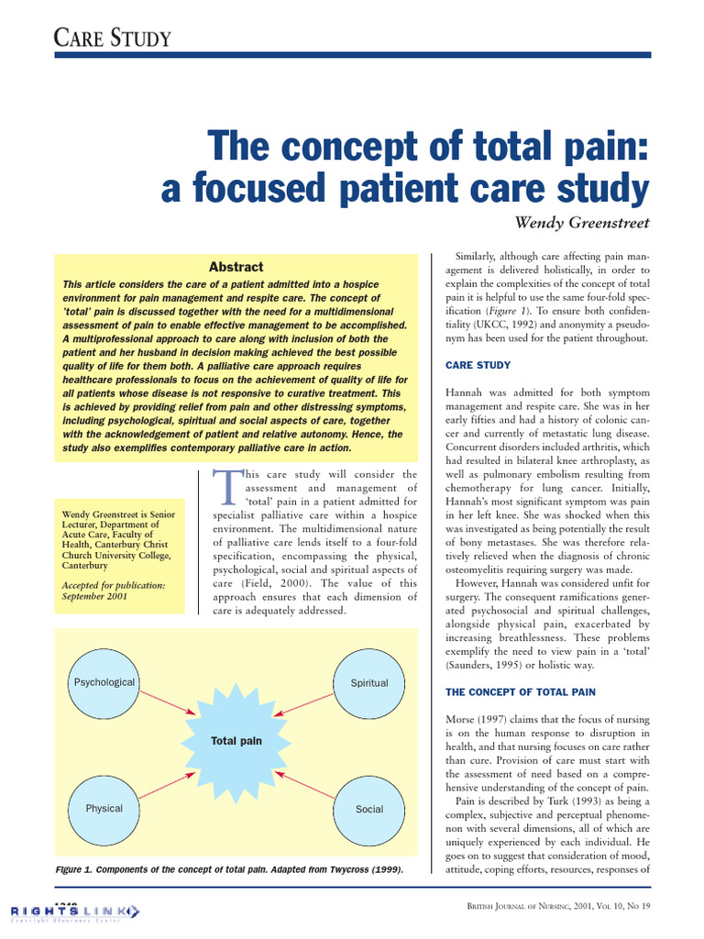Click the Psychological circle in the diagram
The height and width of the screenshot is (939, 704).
104,683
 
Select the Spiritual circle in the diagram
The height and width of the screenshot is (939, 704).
369,683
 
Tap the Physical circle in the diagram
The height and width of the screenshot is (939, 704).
104,809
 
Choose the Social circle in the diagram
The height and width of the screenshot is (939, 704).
369,810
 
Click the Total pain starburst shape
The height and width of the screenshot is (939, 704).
236,740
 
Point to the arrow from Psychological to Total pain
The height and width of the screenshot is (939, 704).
166,702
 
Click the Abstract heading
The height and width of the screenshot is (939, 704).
236,267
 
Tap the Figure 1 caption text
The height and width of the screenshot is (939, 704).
229,868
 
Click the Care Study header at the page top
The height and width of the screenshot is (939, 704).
101,38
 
